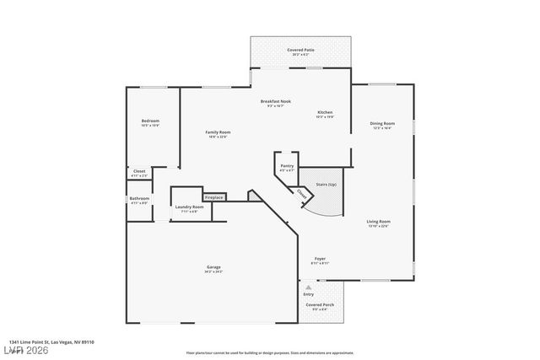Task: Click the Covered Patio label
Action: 300,51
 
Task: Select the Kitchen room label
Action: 325,113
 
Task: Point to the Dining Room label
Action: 382,124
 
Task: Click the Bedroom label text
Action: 150,121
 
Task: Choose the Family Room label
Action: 219,132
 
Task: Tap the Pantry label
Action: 287,166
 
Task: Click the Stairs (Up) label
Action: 326,184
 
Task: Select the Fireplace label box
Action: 214,197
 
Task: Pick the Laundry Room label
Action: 189,207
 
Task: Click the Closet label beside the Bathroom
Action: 139,171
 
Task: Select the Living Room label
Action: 378,222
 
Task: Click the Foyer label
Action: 321,258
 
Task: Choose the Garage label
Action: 213,267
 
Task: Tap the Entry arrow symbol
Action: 320,287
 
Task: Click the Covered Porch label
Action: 320,304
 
